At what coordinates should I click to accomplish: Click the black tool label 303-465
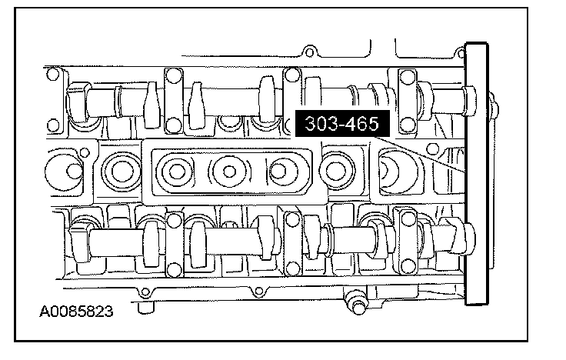[342, 124]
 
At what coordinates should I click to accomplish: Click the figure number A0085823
[76, 312]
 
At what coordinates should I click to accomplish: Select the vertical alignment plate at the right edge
[477, 174]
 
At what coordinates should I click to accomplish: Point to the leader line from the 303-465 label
[419, 155]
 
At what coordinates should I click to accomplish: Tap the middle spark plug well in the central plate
[229, 171]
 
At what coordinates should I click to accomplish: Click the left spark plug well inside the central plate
[177, 171]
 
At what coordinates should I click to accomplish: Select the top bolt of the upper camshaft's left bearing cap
[174, 76]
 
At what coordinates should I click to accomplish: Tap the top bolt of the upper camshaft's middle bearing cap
[292, 75]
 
